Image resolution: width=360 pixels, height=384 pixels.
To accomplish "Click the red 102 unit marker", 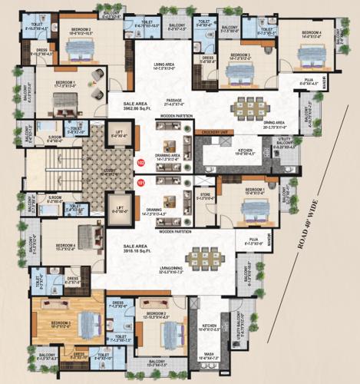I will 140,163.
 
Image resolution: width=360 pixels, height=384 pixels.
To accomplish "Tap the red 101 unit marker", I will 140,183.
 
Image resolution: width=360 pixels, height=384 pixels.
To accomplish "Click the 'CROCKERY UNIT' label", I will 216,132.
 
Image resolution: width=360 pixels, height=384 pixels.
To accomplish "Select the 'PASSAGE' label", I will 174,101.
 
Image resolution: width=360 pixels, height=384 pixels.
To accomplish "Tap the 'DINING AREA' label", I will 274,122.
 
